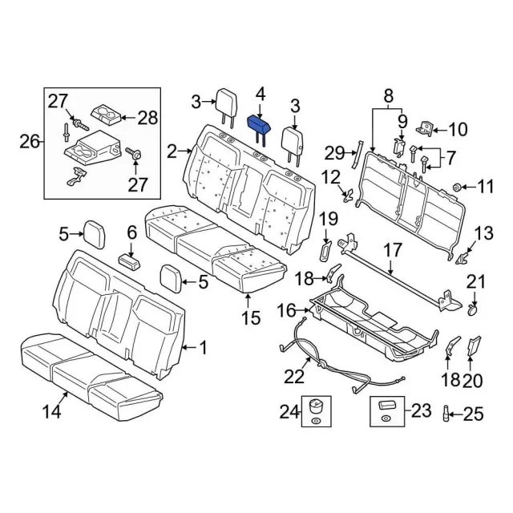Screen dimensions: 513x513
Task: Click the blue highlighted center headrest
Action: pyautogui.click(x=261, y=123)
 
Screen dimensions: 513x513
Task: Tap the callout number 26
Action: pyautogui.click(x=28, y=143)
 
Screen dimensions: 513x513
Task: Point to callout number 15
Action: pyautogui.click(x=251, y=317)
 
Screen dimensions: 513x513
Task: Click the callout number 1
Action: pyautogui.click(x=204, y=348)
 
